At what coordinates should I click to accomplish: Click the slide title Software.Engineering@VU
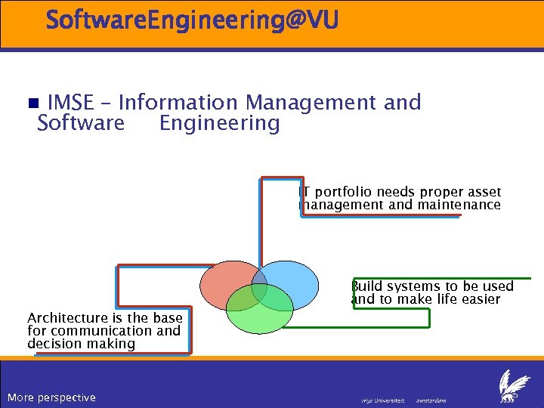point(192,20)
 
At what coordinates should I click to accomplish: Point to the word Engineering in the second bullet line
point(219,122)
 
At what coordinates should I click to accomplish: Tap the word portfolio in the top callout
point(343,192)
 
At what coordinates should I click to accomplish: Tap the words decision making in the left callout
point(81,344)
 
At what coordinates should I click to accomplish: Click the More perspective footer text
point(51,397)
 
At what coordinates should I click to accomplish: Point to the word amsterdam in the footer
point(431,400)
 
